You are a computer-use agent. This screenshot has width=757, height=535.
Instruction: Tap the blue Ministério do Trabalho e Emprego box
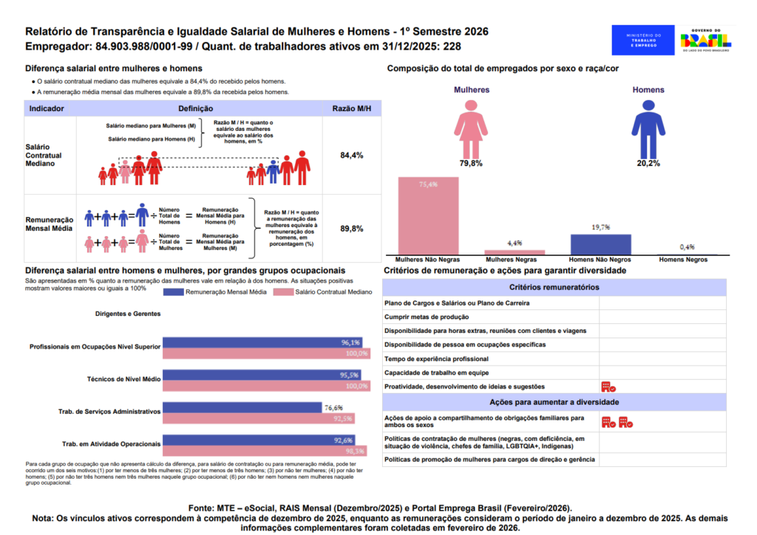click(642, 40)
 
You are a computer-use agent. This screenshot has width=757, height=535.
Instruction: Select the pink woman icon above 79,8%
click(470, 127)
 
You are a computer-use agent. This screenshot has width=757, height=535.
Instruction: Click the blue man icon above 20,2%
click(648, 127)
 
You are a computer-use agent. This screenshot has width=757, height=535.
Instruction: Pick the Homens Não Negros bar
click(600, 245)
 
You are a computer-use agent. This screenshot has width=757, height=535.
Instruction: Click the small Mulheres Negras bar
click(515, 252)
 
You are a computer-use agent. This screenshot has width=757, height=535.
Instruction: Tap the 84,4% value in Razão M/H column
click(351, 156)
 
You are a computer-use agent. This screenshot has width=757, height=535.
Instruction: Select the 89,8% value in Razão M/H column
click(351, 229)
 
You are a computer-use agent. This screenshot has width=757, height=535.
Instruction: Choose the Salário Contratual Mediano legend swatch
click(283, 292)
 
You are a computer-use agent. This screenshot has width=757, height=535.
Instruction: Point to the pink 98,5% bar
click(265, 451)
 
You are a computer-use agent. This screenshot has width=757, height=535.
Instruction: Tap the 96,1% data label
click(350, 343)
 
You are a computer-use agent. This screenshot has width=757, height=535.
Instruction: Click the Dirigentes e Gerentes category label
click(128, 314)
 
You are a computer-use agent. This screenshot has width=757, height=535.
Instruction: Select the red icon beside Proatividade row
click(608, 386)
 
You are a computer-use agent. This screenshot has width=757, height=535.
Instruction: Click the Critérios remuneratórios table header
click(554, 287)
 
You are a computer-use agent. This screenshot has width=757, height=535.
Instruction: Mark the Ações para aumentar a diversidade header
click(554, 402)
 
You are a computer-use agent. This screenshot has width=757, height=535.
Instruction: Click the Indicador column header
click(47, 109)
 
